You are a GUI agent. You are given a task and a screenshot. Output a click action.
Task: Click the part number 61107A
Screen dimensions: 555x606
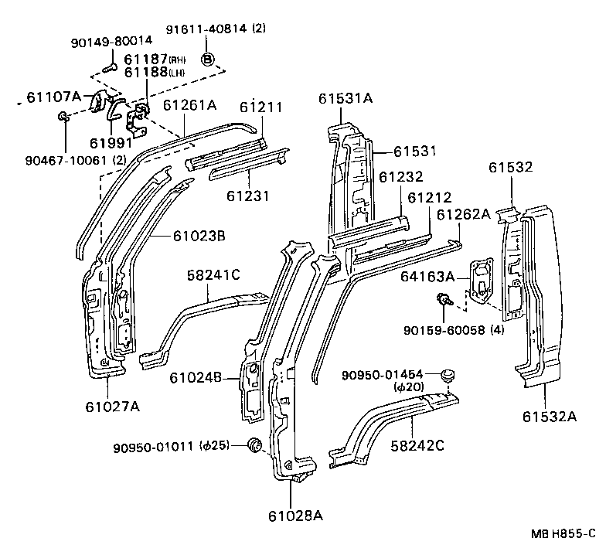53,97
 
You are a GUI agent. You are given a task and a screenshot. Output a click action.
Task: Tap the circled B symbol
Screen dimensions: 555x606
208,60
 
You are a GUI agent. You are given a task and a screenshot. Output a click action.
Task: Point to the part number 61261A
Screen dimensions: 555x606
189,105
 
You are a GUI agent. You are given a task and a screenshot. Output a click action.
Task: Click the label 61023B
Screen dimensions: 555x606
199,236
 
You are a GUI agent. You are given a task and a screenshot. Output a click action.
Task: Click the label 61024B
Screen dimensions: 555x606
196,377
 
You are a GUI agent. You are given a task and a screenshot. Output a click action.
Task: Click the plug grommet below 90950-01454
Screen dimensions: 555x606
446,376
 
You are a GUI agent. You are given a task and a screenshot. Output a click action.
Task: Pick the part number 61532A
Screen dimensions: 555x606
549,417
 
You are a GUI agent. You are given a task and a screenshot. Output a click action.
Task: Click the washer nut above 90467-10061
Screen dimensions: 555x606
63,117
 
